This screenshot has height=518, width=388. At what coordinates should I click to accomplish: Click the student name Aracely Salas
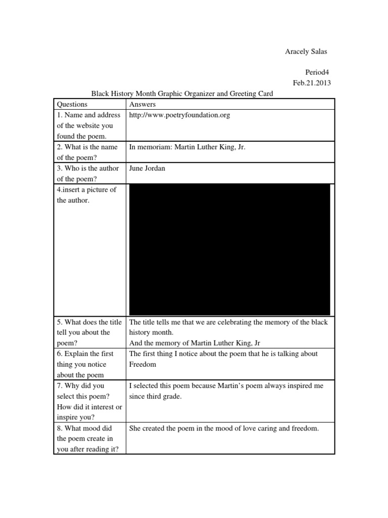[306, 52]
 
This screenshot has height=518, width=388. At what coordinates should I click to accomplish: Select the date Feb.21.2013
[312, 83]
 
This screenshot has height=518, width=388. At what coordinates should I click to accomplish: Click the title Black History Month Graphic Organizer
[182, 94]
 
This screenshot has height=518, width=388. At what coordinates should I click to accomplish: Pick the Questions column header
[72, 104]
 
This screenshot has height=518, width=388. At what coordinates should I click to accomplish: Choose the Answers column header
[143, 104]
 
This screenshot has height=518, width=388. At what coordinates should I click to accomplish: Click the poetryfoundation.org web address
[179, 115]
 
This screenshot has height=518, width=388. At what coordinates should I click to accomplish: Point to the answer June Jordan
[147, 168]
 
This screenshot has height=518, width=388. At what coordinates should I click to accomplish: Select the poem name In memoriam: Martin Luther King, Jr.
[187, 147]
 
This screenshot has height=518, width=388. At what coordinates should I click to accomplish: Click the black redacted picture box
[230, 249]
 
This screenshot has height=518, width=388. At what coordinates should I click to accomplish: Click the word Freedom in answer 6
[143, 364]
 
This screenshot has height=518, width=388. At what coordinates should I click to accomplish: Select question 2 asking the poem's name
[87, 152]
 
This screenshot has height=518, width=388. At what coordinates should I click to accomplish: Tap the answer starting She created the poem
[224, 428]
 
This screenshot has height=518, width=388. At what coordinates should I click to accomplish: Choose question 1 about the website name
[88, 125]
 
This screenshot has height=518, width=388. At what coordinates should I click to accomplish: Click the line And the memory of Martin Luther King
[195, 343]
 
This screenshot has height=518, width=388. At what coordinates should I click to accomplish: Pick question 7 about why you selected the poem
[89, 402]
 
